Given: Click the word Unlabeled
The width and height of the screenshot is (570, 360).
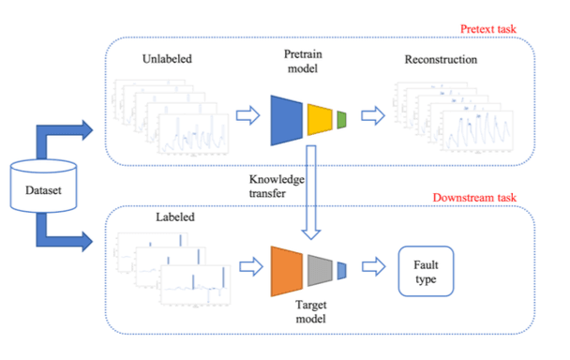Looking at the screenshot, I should [x=170, y=58].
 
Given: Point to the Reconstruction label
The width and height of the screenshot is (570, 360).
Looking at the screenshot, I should [x=442, y=60].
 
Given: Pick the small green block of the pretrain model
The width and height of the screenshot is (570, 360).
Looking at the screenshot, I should [x=341, y=118].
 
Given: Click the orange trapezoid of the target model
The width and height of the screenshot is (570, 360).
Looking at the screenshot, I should [x=287, y=270].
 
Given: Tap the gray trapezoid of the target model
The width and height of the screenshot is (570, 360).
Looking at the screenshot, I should [x=320, y=270].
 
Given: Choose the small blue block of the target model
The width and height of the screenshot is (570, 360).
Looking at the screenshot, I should [x=341, y=270].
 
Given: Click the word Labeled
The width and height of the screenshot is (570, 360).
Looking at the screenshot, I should [x=173, y=219].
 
